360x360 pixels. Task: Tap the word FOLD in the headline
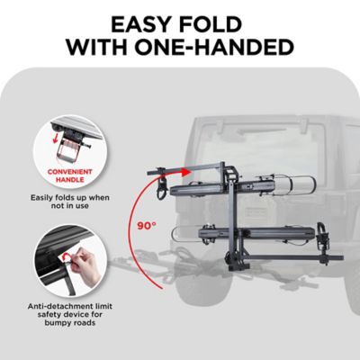[223, 22]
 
